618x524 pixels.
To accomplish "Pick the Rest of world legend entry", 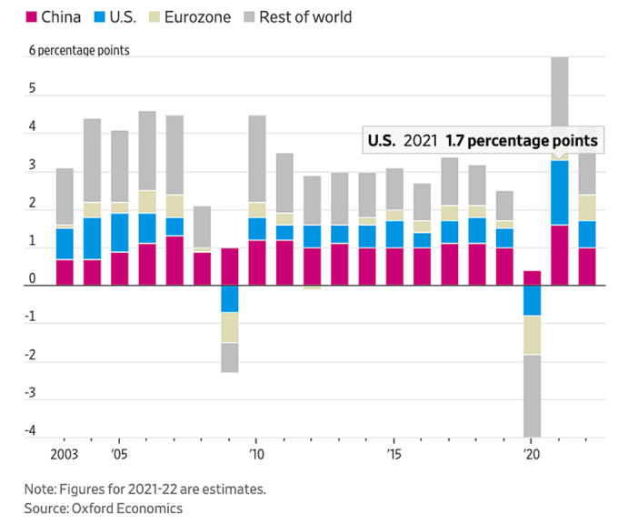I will (295, 16).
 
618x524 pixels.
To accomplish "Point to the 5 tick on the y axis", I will (34, 89).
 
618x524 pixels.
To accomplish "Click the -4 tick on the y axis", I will (31, 430).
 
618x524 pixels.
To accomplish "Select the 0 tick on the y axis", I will (34, 279).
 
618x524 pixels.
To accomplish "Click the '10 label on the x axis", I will (256, 452).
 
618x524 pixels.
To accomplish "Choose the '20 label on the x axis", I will (530, 452).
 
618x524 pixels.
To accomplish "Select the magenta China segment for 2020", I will (531, 277).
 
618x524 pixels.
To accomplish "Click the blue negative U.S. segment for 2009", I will (229, 298).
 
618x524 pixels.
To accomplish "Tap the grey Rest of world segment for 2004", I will (92, 160).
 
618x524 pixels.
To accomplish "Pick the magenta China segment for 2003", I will (65, 272).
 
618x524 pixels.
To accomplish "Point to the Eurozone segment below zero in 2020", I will (531, 335).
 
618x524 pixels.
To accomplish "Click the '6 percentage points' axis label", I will (79, 50).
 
